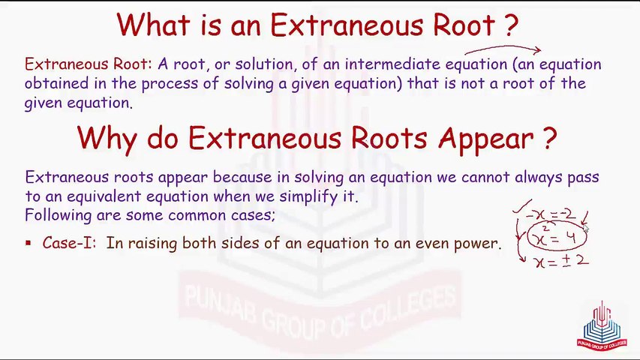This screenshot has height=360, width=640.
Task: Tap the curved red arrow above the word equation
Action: pos(503,49)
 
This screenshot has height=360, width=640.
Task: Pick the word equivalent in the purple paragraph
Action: pos(104,196)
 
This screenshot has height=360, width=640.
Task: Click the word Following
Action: pos(59,215)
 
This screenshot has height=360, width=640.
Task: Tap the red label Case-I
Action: pos(69,243)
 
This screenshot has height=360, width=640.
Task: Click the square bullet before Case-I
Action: pos(29,243)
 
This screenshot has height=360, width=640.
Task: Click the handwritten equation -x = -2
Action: pos(551,214)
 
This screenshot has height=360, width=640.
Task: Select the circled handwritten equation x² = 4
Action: pos(557,236)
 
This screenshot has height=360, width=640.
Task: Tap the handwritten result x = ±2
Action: pos(561,261)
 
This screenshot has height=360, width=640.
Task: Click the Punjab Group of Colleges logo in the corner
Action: pos(602,326)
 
